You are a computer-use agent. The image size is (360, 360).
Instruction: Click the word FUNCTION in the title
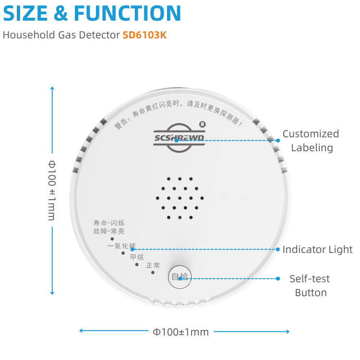point(127,13)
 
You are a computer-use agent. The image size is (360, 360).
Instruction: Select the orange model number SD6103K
point(144,35)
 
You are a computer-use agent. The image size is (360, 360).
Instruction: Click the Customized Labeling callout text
point(311,141)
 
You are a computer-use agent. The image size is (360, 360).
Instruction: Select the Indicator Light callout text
point(317,250)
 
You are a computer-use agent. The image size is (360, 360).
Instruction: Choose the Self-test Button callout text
point(310,286)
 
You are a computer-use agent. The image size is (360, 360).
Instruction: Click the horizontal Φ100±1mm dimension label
point(180,332)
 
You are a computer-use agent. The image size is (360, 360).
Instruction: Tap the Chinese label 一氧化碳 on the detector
point(121,246)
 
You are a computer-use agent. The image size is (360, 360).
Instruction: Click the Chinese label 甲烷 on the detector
point(137,257)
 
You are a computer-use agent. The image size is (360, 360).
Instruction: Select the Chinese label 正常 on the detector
point(153,265)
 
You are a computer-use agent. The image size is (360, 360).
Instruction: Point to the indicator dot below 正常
point(153,273)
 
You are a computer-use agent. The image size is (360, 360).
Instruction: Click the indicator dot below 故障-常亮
point(112,238)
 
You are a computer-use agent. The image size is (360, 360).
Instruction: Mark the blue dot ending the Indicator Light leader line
point(277,249)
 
